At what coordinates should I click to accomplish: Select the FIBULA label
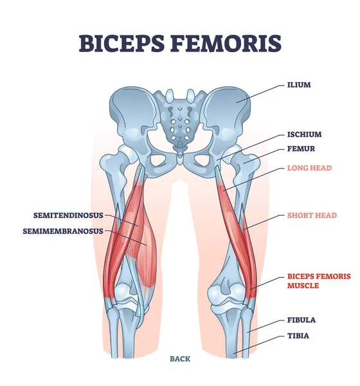[x=301, y=320]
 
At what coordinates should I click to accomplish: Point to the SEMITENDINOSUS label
[x=64, y=216]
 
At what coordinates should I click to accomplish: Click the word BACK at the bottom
[x=181, y=359]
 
